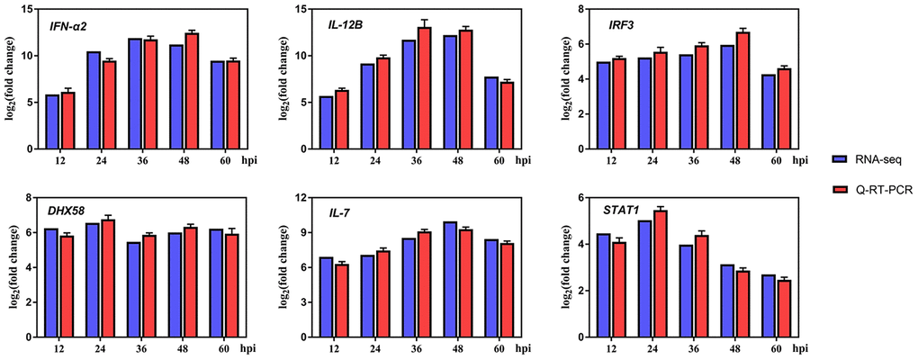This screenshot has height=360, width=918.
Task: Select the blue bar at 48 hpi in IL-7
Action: coord(450,279)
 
